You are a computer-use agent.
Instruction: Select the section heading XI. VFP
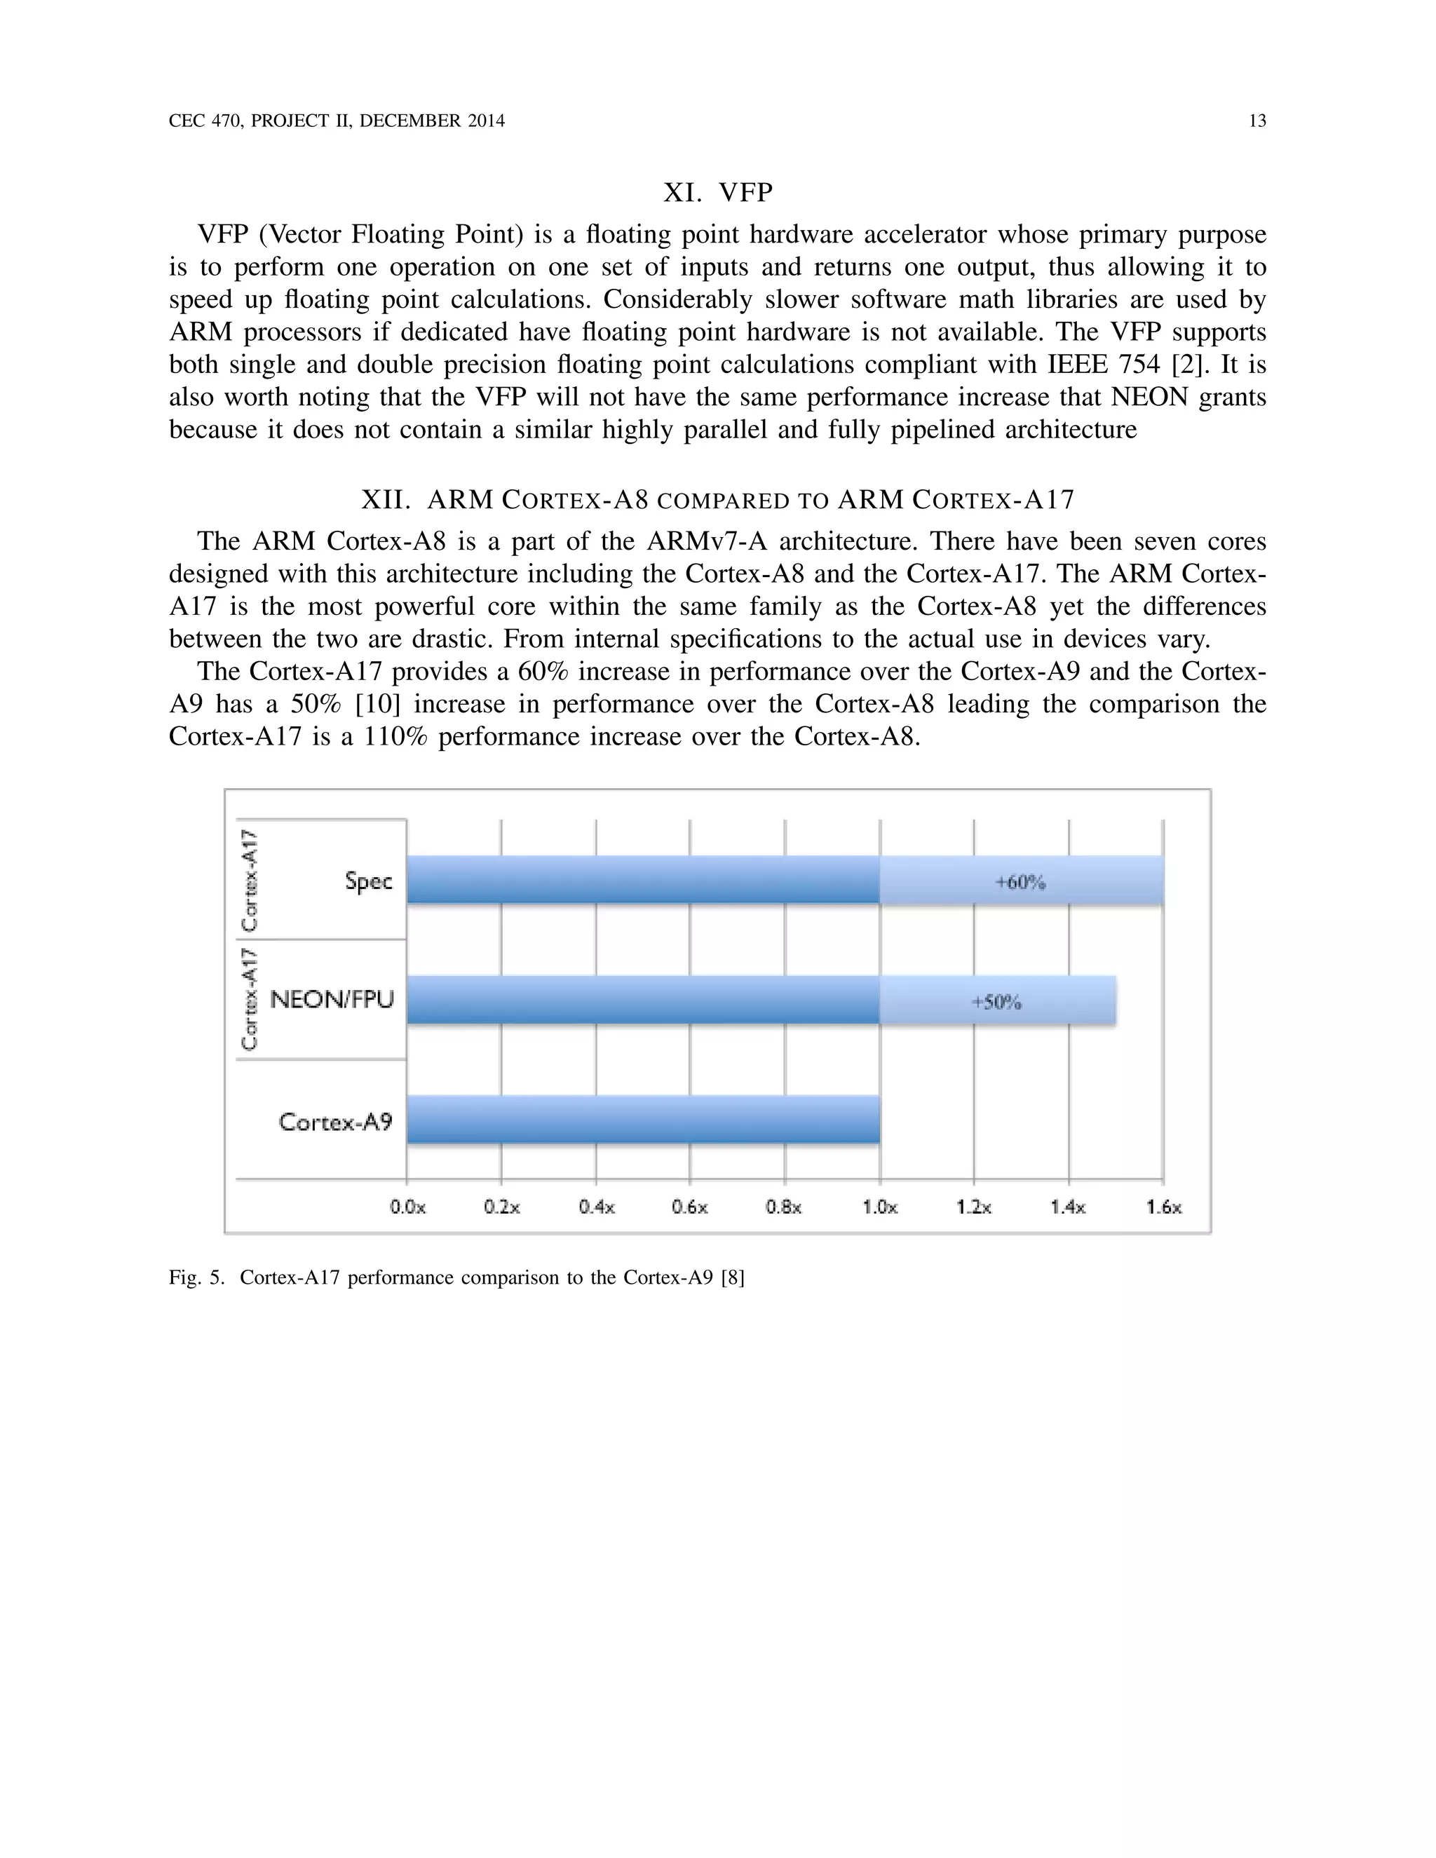[x=718, y=193]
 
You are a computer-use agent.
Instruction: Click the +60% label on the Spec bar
[x=1020, y=882]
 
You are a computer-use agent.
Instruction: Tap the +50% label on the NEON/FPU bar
[x=996, y=1002]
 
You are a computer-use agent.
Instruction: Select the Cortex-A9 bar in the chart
[x=643, y=1120]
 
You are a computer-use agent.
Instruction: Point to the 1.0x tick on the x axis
[x=880, y=1207]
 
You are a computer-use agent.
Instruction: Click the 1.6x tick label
[x=1163, y=1207]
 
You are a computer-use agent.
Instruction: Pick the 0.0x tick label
[x=407, y=1207]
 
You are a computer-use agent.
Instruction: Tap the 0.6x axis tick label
[x=690, y=1207]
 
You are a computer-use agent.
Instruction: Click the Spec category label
[x=368, y=881]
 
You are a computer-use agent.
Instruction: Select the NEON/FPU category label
[x=332, y=1000]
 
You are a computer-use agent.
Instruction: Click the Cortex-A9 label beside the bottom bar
[x=335, y=1122]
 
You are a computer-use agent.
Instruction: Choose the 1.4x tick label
[x=1069, y=1207]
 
